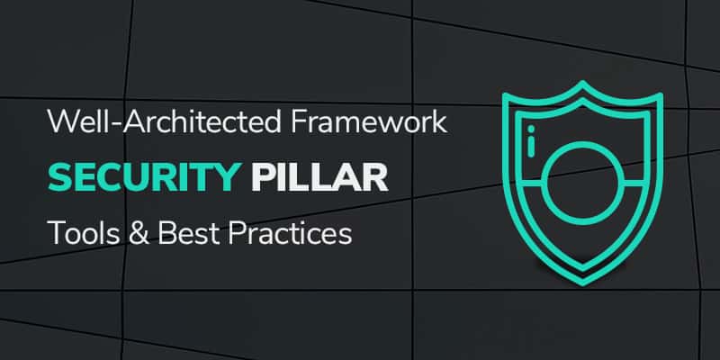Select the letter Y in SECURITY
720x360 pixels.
[x=235, y=176]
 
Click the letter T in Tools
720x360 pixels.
[x=56, y=235]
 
